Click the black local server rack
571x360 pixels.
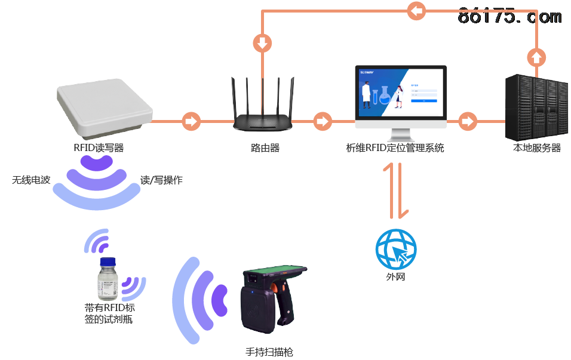535,108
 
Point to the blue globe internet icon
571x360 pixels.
395,249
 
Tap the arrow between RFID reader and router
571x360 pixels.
191,121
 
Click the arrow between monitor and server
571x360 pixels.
468,121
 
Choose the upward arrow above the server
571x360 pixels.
536,58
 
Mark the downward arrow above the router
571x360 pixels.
262,43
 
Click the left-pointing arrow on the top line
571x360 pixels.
416,10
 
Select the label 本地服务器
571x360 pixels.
537,148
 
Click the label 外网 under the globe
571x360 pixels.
395,277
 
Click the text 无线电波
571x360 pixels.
31,180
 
